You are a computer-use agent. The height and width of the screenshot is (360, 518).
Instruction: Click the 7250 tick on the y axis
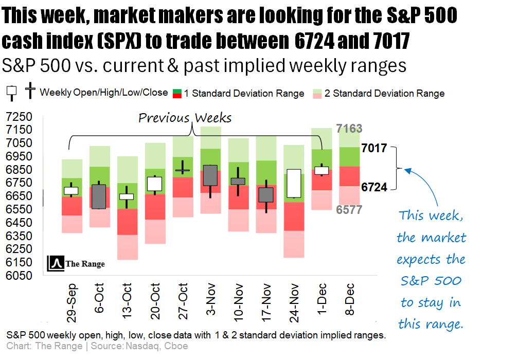[19, 116]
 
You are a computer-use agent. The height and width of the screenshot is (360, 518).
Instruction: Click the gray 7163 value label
[349, 129]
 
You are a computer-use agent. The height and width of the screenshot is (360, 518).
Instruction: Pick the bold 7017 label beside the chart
[374, 149]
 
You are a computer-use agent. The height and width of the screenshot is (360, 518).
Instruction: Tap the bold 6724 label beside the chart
[374, 187]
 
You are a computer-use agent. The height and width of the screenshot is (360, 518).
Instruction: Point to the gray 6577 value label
[349, 209]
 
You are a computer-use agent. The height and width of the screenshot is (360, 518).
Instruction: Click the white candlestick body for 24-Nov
[294, 184]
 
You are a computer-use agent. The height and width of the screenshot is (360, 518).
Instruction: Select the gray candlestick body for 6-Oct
[99, 196]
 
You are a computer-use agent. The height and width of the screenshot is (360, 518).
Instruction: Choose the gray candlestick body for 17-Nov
[266, 194]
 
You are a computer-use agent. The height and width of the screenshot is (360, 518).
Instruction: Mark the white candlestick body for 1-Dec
[322, 171]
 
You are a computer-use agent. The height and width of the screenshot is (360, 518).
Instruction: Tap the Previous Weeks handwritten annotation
[185, 118]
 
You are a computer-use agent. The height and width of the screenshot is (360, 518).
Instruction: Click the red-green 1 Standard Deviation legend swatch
[176, 94]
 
